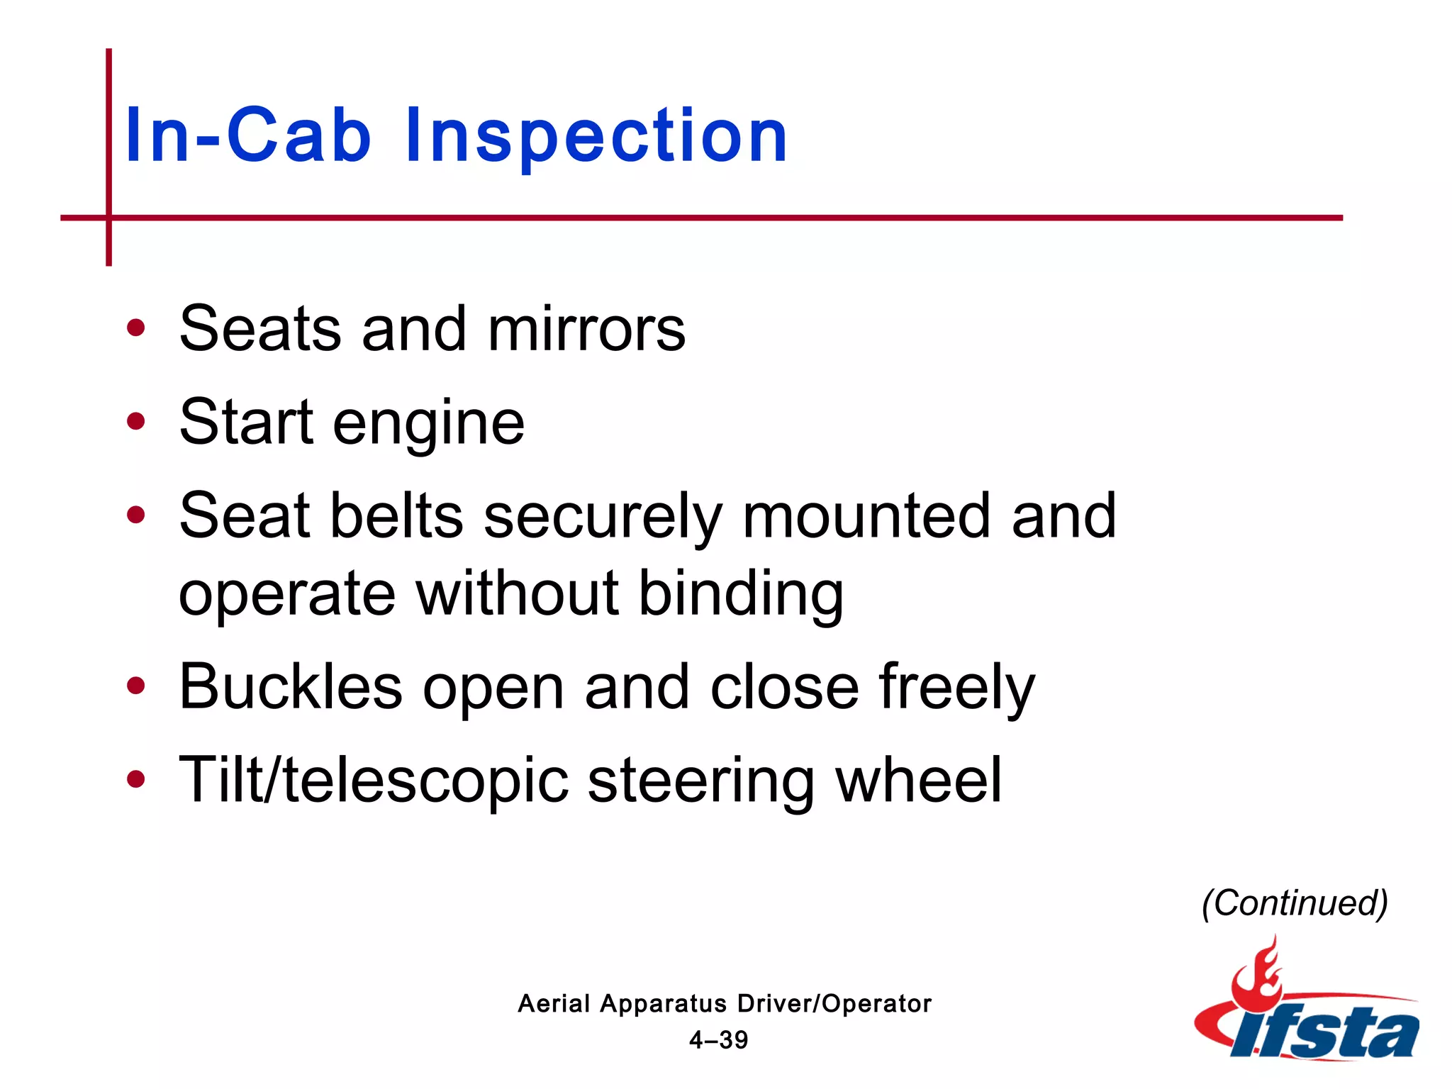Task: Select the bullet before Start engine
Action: [x=135, y=422]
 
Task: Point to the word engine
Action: [x=428, y=424]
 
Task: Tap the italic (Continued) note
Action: [x=1295, y=903]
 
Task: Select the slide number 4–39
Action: [x=718, y=1040]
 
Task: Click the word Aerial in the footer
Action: [x=553, y=1004]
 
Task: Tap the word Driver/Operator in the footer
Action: [x=834, y=1004]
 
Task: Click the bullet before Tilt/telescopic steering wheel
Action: [x=135, y=780]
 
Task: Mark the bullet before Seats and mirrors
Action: [x=135, y=328]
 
